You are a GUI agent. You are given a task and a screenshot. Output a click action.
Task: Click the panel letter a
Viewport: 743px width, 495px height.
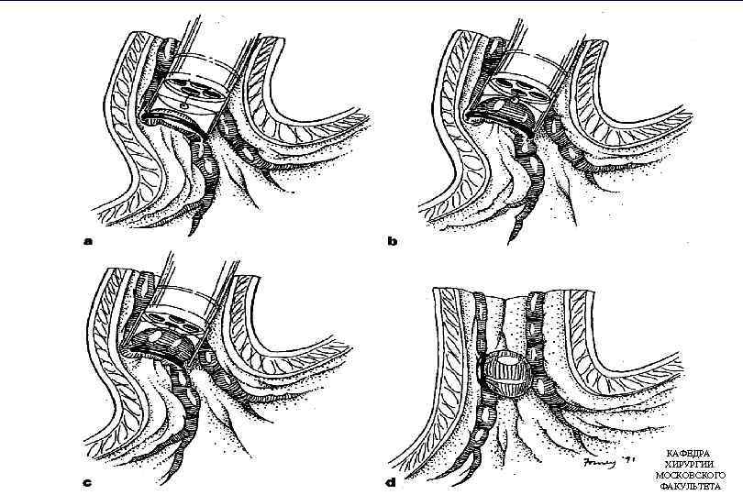pos(88,243)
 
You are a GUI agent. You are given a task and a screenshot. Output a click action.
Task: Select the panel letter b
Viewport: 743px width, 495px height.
pos(392,243)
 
